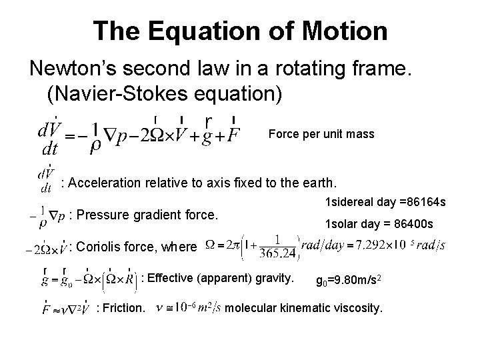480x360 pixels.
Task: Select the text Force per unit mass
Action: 321,134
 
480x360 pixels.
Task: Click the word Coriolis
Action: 105,247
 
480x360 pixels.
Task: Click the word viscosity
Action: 358,307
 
